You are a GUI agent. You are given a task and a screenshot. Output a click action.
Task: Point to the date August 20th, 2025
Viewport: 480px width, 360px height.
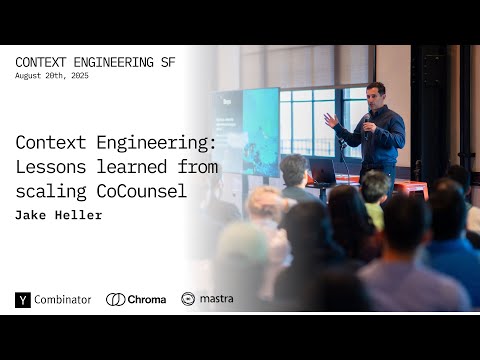pyautogui.click(x=52, y=76)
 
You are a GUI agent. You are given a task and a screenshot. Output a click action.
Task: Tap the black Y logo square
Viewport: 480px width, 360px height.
pyautogui.click(x=23, y=299)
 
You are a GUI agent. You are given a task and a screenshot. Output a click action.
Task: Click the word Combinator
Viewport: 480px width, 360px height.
pyautogui.click(x=63, y=299)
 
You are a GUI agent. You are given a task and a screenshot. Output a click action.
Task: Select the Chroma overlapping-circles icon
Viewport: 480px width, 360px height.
pyautogui.click(x=115, y=299)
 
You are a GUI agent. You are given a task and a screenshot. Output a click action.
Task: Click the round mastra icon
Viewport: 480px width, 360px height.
pyautogui.click(x=188, y=299)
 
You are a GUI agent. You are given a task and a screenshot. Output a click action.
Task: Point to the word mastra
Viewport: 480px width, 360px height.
pyautogui.click(x=216, y=299)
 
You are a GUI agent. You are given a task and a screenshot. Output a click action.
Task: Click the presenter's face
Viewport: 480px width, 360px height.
pyautogui.click(x=375, y=95)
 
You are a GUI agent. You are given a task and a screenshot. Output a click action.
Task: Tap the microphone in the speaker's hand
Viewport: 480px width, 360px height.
pyautogui.click(x=367, y=118)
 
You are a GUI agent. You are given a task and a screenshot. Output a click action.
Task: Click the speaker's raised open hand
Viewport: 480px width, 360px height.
pyautogui.click(x=330, y=119)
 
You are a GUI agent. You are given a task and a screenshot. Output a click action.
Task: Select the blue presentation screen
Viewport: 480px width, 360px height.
pyautogui.click(x=246, y=130)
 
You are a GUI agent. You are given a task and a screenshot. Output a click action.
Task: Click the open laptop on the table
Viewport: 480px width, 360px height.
pyautogui.click(x=322, y=171)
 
